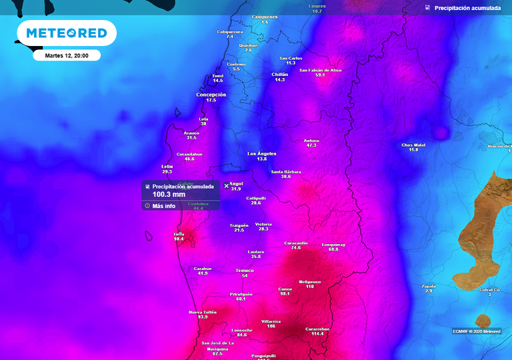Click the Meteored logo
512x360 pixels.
coord(66,33)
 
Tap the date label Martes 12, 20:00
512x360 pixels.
coord(67,55)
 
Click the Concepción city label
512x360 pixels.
coord(211,95)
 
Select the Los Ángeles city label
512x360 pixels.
coord(261,153)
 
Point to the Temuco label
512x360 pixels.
coord(245,270)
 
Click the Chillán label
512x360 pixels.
coord(280,74)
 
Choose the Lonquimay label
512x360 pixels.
coord(333,245)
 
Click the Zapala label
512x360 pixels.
coord(429,286)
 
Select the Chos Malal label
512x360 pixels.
coord(413,145)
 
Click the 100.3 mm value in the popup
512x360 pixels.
coord(169,195)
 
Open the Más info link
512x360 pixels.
coord(163,206)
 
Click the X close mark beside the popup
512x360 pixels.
coord(226,186)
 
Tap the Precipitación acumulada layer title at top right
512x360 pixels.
coord(467,8)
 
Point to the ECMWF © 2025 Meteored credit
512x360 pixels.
coord(477,331)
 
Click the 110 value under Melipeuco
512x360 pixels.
coord(309,287)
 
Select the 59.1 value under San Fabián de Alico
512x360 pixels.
coord(320,75)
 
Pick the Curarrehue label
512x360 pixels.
coord(317,329)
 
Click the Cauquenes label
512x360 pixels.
coord(265,17)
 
